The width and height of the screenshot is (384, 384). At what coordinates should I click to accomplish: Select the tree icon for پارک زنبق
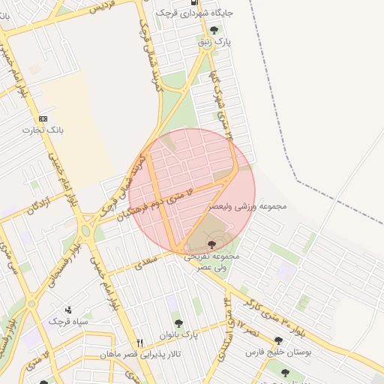click(x=214, y=31)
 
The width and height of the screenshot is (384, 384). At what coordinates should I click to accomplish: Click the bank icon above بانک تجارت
click(x=43, y=118)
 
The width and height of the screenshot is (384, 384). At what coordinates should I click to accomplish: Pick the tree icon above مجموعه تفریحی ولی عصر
click(x=211, y=244)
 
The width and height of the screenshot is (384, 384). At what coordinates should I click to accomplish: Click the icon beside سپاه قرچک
click(x=69, y=310)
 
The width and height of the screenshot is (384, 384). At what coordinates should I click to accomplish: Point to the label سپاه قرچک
click(x=69, y=321)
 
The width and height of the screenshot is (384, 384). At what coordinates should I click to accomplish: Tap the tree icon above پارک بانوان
click(x=178, y=323)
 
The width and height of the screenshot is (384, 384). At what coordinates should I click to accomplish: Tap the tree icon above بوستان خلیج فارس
click(x=278, y=340)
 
